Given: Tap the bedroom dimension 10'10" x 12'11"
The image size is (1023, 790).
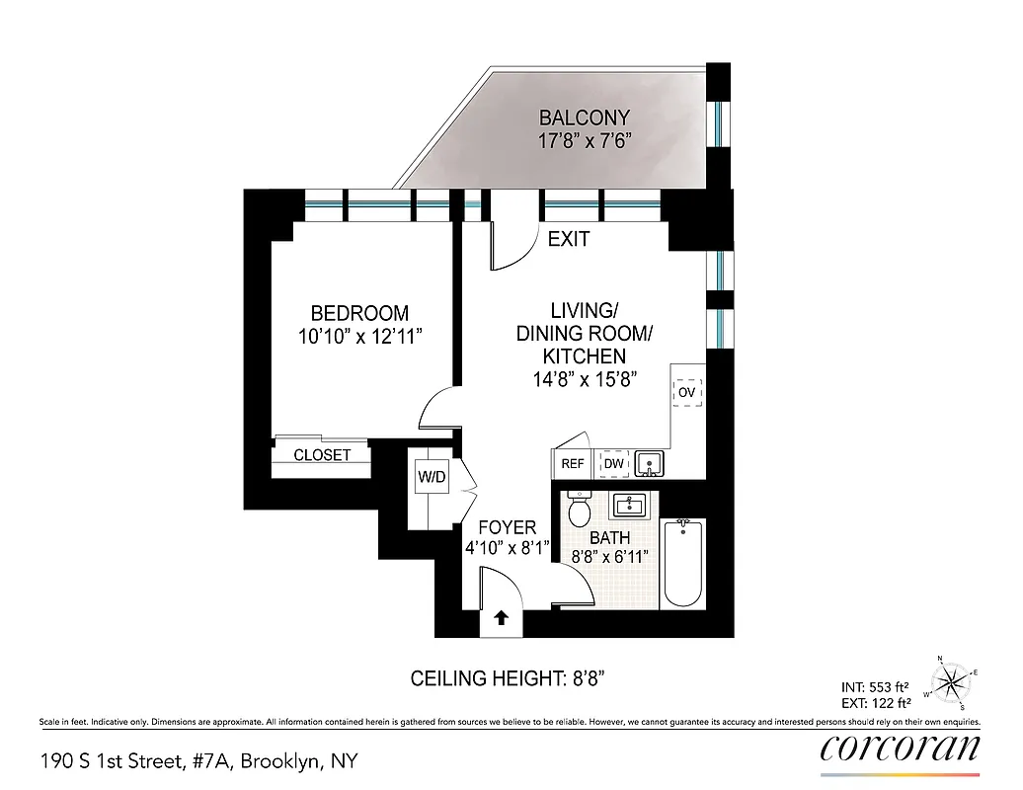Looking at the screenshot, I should pos(359,337).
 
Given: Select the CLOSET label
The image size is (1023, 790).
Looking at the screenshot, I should pos(322,455).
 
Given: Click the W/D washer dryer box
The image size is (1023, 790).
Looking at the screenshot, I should pos(432,478).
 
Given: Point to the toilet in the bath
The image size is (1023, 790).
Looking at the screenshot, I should pos(581,510).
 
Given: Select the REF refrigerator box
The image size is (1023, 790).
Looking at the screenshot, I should pos(573,463).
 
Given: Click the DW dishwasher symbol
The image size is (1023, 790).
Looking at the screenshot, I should pos(613,463).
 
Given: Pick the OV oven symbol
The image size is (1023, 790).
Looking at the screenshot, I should pos(687,392).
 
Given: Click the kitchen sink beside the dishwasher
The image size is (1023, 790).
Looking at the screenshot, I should pos(648,462).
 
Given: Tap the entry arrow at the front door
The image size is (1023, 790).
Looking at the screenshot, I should pos(501,619).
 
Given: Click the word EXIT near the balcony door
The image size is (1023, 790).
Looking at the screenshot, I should pos(569,239).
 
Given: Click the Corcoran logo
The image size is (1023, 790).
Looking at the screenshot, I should pos(900,749).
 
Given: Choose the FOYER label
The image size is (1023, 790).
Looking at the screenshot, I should pos(507,528).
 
